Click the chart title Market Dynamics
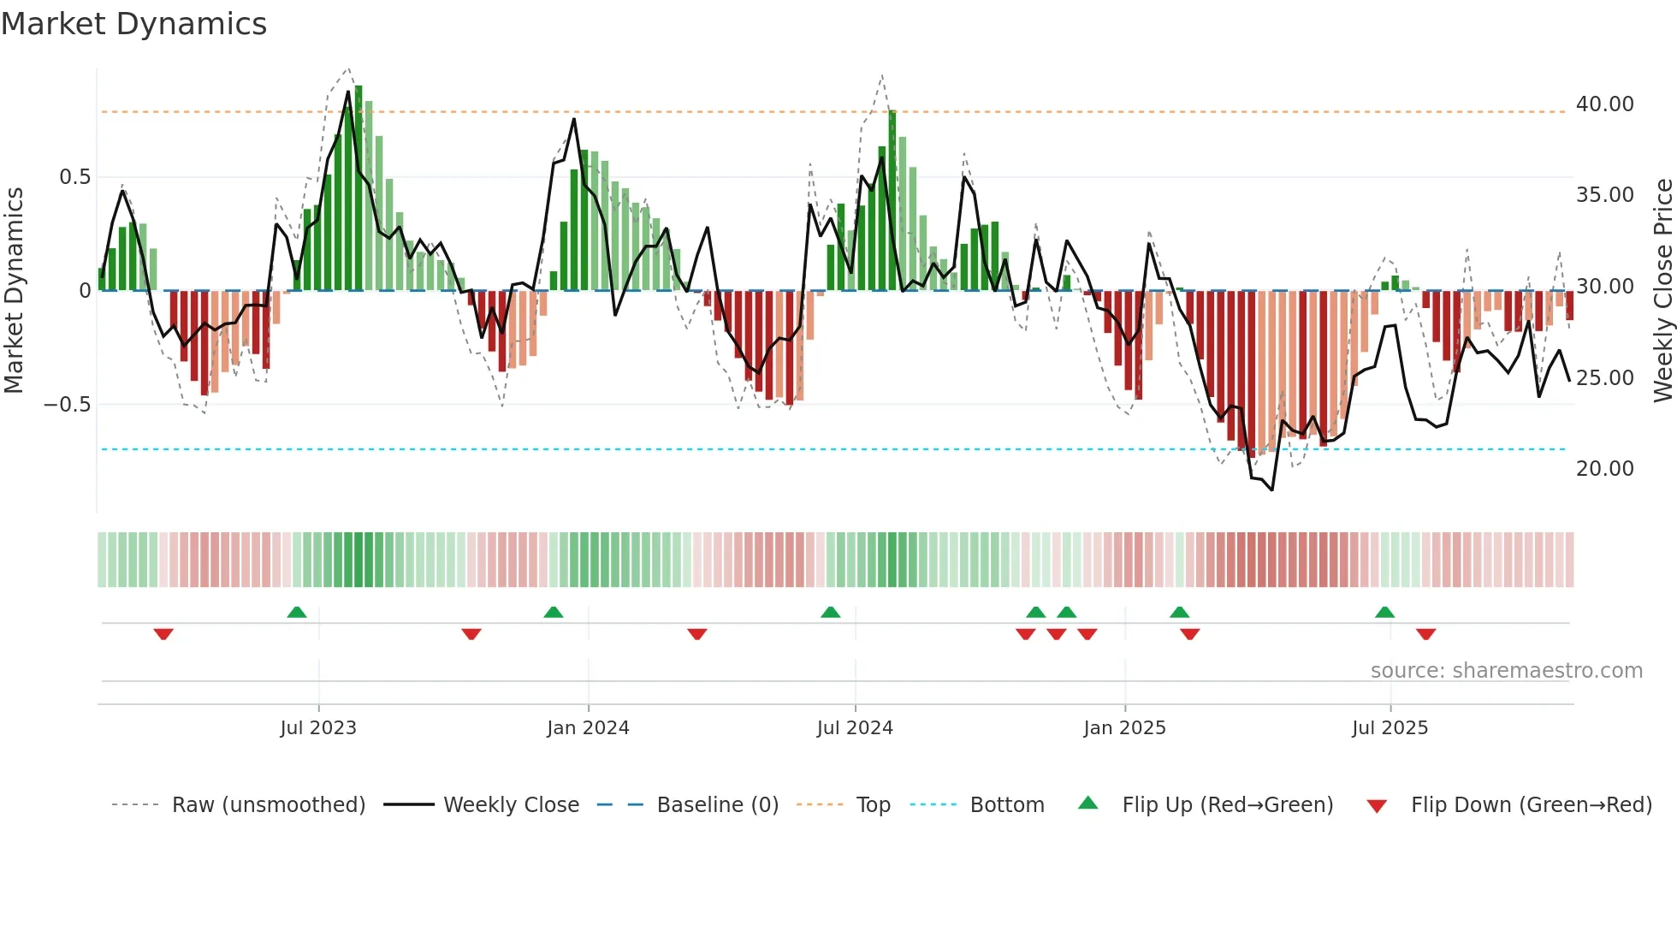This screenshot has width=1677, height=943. point(133,24)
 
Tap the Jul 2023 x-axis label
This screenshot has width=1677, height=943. point(318,728)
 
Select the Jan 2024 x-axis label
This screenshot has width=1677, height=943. point(588,728)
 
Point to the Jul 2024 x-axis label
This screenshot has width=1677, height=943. point(855,728)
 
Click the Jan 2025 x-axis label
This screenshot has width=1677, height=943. point(1124,728)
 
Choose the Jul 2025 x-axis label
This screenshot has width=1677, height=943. point(1390,728)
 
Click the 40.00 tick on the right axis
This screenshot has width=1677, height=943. point(1605,104)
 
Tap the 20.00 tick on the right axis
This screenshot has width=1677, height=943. point(1605,469)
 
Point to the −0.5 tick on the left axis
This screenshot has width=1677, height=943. point(68,405)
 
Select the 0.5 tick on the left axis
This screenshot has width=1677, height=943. point(74,177)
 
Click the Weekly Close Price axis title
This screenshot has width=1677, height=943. point(1662,291)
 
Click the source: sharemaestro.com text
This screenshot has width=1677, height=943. point(1506,671)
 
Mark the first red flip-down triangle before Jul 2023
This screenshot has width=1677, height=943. point(163,634)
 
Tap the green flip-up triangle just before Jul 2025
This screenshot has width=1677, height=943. point(1384,612)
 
